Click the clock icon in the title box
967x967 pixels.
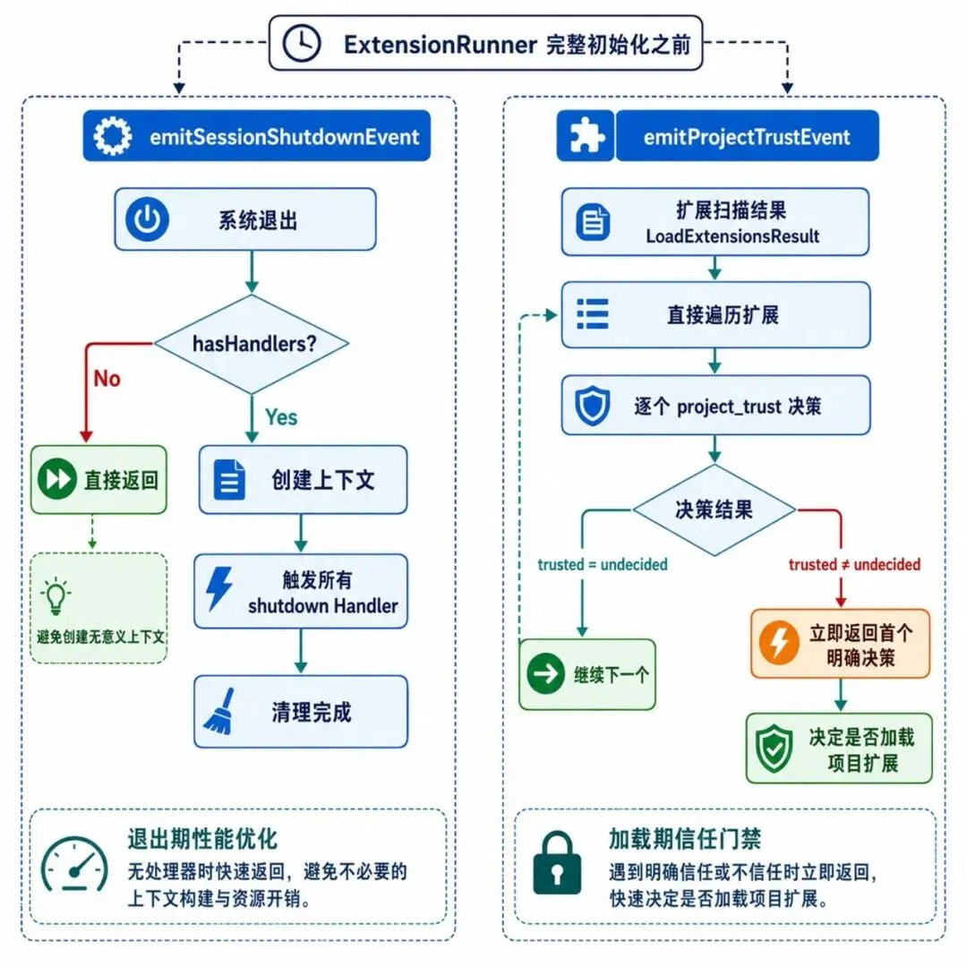(302, 43)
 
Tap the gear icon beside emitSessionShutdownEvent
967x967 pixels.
(112, 136)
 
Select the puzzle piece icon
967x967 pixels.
(586, 136)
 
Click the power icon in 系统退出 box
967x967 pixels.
(148, 219)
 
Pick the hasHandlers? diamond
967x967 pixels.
(252, 344)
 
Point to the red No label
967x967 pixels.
(107, 379)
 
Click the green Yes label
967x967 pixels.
(281, 417)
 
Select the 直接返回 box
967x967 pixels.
(98, 479)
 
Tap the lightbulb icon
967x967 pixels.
(56, 596)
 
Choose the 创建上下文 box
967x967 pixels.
(303, 479)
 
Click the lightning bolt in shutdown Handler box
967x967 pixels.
(219, 589)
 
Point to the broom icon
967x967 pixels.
(219, 712)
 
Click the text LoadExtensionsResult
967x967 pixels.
(732, 236)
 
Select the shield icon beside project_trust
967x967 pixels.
(592, 406)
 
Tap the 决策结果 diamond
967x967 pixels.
(715, 510)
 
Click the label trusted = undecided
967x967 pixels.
(603, 564)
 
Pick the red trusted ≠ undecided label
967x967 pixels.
(854, 564)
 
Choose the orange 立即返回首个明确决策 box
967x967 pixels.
(840, 644)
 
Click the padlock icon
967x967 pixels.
(557, 862)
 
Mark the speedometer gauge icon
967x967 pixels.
(74, 864)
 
